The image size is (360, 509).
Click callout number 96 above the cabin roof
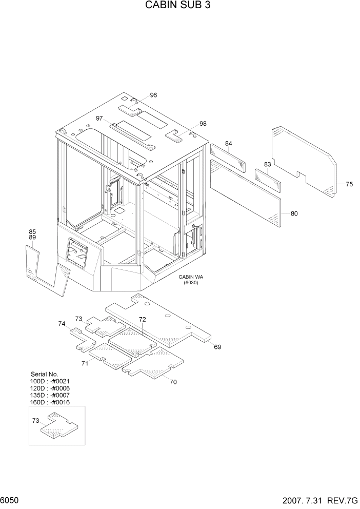153,95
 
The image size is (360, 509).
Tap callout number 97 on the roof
99,119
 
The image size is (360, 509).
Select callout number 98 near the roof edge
203,124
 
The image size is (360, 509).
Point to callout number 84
229,143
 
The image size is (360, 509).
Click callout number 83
267,164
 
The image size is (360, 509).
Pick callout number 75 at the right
349,184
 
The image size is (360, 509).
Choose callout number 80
294,213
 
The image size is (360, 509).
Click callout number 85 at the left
32,231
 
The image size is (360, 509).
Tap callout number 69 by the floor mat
217,347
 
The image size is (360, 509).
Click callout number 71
84,364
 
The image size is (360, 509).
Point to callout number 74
62,324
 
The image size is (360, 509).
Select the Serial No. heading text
45,375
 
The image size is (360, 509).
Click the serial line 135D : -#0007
50,396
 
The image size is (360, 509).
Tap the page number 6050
10,500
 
